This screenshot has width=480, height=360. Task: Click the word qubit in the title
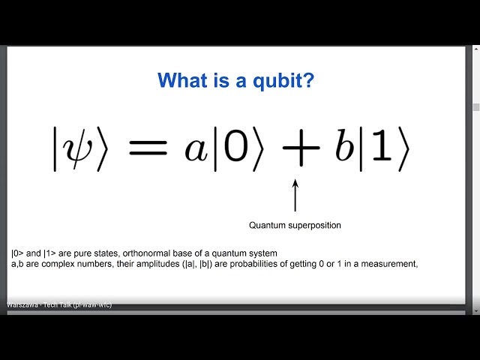(x=271, y=81)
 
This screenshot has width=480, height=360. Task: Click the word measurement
(x=391, y=263)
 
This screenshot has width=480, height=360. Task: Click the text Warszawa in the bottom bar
(x=22, y=305)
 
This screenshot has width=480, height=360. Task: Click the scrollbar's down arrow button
(x=475, y=310)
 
